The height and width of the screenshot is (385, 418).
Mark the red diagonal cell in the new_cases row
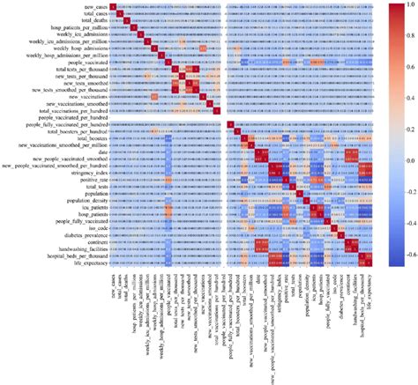[112, 7]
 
